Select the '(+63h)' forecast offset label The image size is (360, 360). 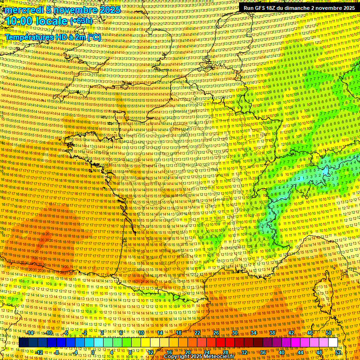click(82, 21)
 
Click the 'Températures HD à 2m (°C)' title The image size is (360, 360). click(53, 37)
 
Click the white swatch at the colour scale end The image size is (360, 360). click(333, 343)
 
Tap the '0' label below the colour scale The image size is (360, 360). click(93, 352)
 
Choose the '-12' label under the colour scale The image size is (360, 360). click(39, 352)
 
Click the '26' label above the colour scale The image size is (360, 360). click(216, 333)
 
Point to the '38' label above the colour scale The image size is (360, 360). click(272, 333)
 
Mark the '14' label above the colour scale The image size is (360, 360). click(159, 333)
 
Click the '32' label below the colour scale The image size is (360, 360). click(244, 352)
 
